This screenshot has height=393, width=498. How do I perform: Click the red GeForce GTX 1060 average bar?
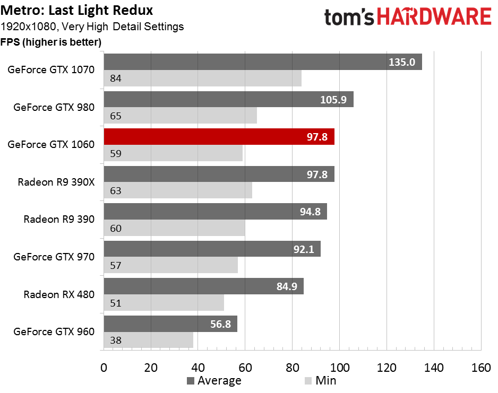(x=219, y=137)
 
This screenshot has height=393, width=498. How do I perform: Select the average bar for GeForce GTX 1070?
(x=263, y=62)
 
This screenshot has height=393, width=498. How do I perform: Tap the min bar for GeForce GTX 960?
(x=149, y=340)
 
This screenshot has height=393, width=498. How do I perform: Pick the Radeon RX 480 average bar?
(x=203, y=286)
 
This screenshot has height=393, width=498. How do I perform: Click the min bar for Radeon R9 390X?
(x=178, y=190)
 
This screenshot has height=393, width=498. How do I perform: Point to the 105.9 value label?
(x=333, y=100)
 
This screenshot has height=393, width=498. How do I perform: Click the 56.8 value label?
(x=220, y=324)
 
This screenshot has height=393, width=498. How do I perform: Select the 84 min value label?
(x=116, y=78)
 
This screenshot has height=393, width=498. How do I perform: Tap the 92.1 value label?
(x=304, y=249)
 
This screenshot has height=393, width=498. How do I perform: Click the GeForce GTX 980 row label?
(x=54, y=107)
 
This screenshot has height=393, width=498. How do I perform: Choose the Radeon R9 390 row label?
(x=59, y=219)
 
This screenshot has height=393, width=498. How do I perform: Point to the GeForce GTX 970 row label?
(x=54, y=257)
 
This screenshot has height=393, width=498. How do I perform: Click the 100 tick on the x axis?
(x=339, y=368)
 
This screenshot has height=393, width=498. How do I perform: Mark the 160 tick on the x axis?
(x=481, y=368)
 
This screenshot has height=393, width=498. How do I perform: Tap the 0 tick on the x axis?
(x=104, y=368)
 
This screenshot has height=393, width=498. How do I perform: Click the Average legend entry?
(x=214, y=381)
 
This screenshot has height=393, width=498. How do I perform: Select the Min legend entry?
(x=320, y=381)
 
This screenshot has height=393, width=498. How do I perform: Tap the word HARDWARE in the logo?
(x=434, y=17)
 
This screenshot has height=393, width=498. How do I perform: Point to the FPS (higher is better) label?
(x=51, y=42)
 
